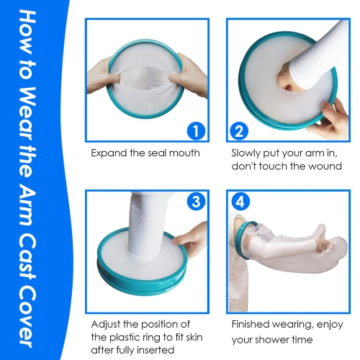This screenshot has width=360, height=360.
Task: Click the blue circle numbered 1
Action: point(192,131)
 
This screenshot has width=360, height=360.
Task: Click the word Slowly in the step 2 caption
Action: point(247,153)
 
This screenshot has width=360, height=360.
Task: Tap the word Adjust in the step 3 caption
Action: point(106,325)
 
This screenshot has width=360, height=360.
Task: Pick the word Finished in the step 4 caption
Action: point(251,325)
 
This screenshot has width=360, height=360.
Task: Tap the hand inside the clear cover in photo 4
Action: point(328,253)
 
